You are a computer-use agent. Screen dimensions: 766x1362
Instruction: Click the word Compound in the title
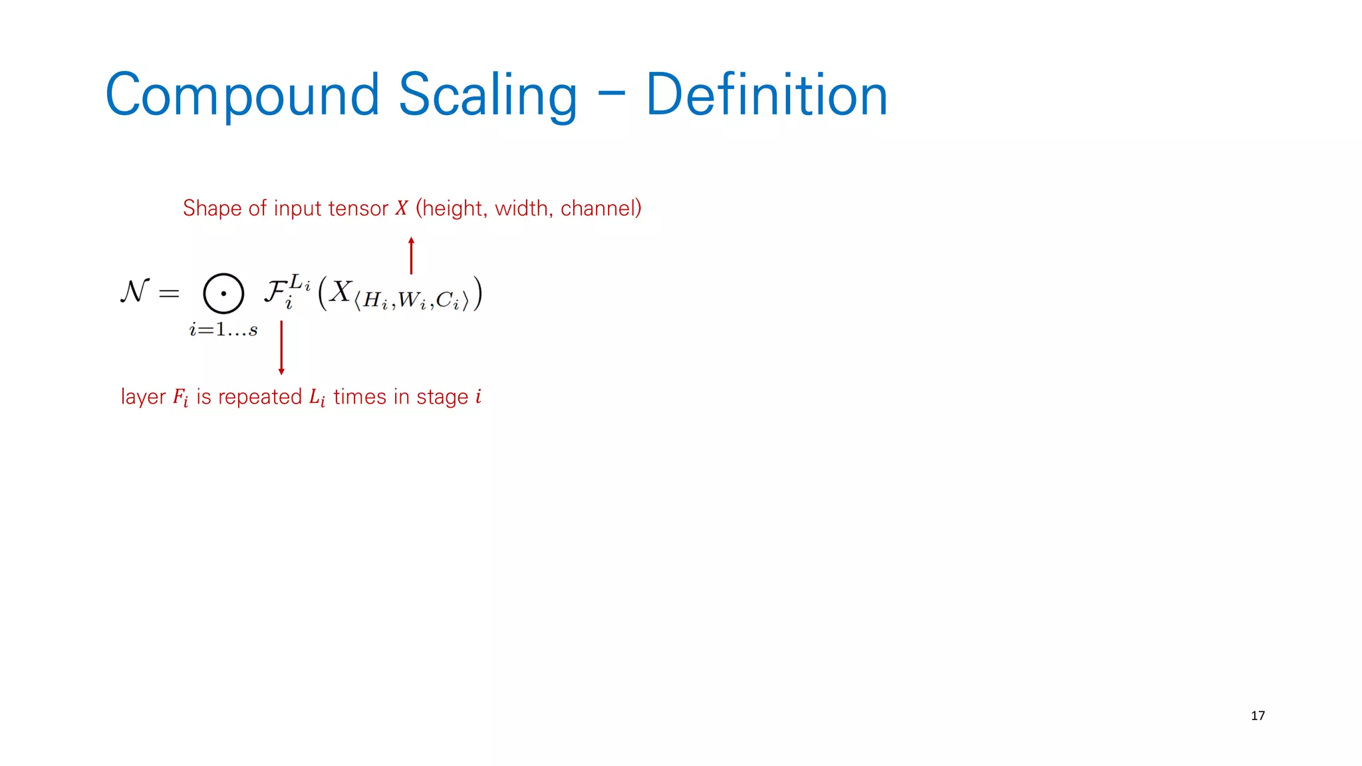tap(242, 95)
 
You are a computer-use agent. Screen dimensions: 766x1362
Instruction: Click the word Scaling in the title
tap(487, 95)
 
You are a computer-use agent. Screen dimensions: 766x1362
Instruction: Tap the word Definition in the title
tap(766, 95)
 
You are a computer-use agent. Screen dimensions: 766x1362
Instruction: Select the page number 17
tap(1258, 715)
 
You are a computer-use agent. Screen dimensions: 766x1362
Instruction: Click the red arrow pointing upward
tap(411, 255)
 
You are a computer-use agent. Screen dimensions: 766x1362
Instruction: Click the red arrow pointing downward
tap(281, 348)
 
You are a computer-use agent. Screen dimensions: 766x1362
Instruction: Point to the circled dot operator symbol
tap(223, 293)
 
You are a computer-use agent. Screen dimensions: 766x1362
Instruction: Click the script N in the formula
tap(135, 291)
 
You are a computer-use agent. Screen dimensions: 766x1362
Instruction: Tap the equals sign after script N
tap(169, 293)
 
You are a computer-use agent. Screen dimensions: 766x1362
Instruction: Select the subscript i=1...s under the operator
tap(223, 330)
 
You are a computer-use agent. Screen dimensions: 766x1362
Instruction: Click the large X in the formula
tap(340, 291)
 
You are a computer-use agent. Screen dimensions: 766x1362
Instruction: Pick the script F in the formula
tap(275, 291)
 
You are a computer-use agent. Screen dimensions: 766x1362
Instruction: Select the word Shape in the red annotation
tap(212, 208)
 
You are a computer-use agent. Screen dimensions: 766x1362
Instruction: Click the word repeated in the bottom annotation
tap(260, 397)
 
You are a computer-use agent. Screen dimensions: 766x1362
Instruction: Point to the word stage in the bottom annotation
tap(442, 397)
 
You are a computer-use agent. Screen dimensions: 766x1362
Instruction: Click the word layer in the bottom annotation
tap(143, 397)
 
